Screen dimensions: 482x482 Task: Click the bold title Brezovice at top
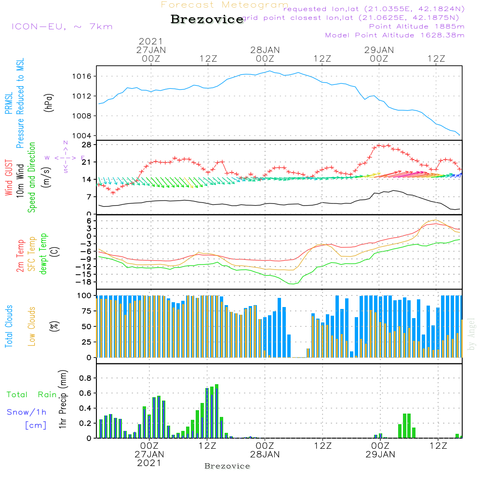[x=207, y=20]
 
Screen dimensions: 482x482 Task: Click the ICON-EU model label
[x=62, y=27]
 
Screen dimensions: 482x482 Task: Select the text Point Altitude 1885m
[x=416, y=26]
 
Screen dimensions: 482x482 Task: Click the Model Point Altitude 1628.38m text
[x=395, y=35]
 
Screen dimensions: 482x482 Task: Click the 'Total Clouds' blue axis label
[x=9, y=326]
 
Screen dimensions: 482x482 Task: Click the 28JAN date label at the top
[x=265, y=50]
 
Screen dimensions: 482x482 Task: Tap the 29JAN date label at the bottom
[x=380, y=454]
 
